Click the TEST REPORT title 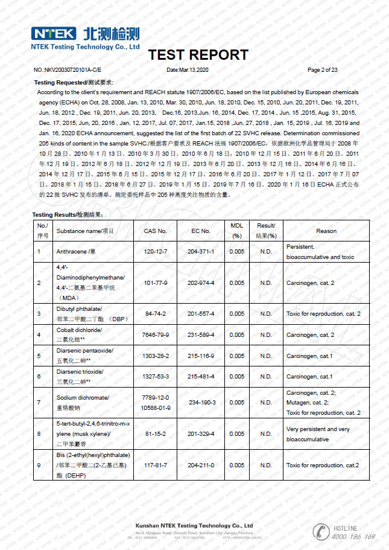[x=198, y=55]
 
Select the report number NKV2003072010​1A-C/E [x=68, y=70]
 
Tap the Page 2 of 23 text [x=322, y=70]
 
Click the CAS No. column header [x=155, y=231]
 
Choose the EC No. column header [x=201, y=231]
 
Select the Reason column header [x=326, y=231]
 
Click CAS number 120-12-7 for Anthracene [x=155, y=251]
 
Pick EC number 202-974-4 [x=201, y=283]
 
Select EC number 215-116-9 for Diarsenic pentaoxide [x=201, y=356]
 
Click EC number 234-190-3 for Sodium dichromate [x=201, y=402]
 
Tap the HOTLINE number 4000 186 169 [x=353, y=536]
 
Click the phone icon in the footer [x=320, y=531]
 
